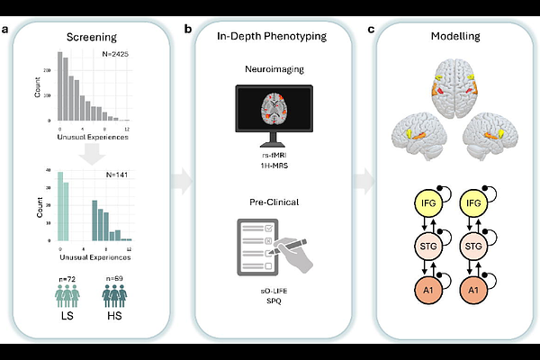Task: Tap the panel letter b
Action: [188, 30]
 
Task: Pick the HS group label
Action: [116, 321]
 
